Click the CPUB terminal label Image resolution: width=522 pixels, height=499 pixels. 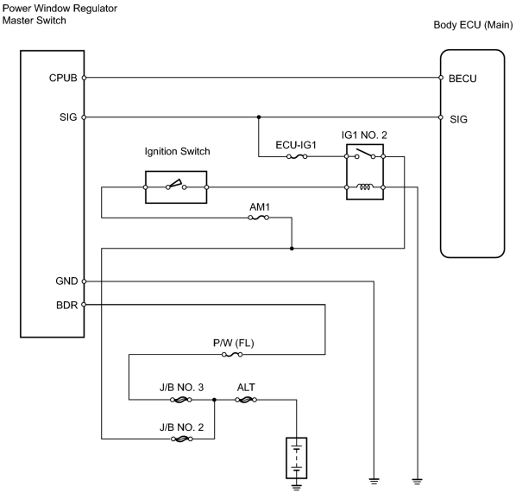coord(63,78)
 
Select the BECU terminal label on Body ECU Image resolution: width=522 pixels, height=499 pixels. coord(462,79)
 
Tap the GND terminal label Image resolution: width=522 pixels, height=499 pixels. coord(66,281)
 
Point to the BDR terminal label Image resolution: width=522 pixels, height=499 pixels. coord(66,305)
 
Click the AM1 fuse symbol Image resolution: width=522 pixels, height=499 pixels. coord(259,218)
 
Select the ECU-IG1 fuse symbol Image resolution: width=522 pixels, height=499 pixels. coord(297,156)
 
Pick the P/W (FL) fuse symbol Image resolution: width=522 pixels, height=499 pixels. coord(232,355)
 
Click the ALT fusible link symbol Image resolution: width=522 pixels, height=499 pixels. coord(246,400)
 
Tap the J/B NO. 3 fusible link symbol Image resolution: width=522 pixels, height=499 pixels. coord(181,400)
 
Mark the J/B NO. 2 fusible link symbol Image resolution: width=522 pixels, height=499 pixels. coord(182,439)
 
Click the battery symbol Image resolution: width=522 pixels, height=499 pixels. coord(297,458)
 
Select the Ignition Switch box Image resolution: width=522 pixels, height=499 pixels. coord(176,187)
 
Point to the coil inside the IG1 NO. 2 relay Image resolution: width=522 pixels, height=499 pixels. coord(365,186)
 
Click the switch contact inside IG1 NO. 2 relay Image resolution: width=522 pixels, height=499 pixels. coord(365,154)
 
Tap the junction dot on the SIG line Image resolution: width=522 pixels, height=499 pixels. coord(259,117)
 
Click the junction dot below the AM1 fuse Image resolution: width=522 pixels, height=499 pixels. coord(292,249)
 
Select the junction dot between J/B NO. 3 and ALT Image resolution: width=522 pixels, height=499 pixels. coord(214,400)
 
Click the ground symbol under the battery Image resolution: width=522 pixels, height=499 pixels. coord(297,487)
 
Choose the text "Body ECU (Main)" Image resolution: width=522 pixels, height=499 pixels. coord(473,25)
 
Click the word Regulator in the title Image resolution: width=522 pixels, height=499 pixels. coord(95,9)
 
